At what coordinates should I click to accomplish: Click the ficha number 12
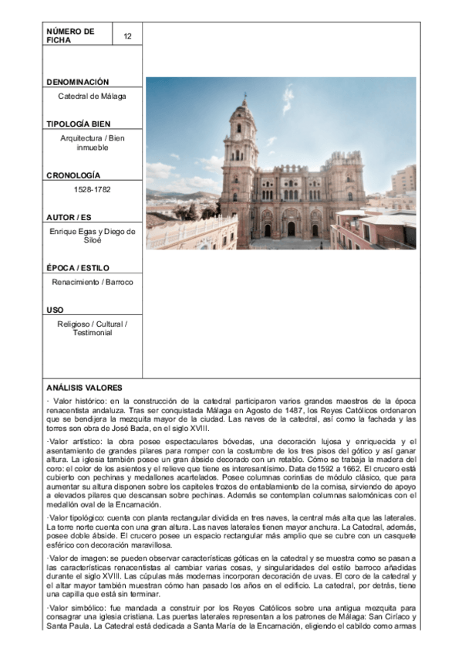pyautogui.click(x=127, y=36)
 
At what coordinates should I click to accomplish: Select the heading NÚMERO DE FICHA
pyautogui.click(x=70, y=36)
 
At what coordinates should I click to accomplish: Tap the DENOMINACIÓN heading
pyautogui.click(x=77, y=82)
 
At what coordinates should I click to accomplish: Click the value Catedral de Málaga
pyautogui.click(x=92, y=97)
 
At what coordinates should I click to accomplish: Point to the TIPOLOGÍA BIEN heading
pyautogui.click(x=78, y=124)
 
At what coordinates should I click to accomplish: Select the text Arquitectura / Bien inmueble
pyautogui.click(x=92, y=143)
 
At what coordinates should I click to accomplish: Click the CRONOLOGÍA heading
pyautogui.click(x=73, y=176)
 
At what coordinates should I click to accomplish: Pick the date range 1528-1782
pyautogui.click(x=92, y=190)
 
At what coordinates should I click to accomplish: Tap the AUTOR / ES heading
pyautogui.click(x=69, y=217)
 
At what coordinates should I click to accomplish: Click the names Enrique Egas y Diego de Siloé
pyautogui.click(x=92, y=236)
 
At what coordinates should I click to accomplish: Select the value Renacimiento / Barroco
pyautogui.click(x=92, y=282)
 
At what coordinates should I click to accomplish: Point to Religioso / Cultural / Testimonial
pyautogui.click(x=92, y=328)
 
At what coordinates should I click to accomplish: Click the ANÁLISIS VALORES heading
pyautogui.click(x=83, y=388)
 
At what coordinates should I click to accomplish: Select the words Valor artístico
pyautogui.click(x=76, y=440)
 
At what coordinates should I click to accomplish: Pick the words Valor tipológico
pyautogui.click(x=79, y=516)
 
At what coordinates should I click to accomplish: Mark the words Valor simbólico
pyautogui.click(x=78, y=609)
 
